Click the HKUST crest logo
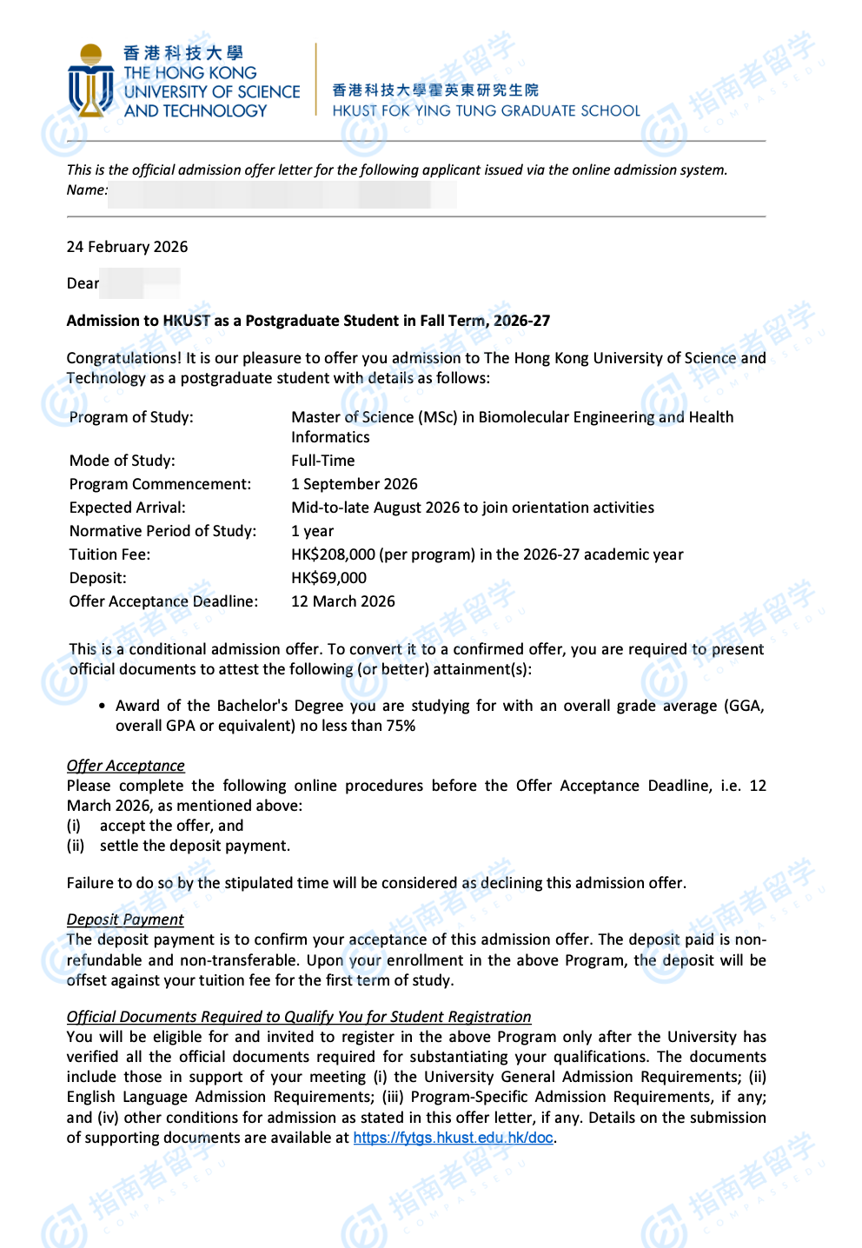(90, 81)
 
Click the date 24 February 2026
(127, 247)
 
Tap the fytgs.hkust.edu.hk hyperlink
(453, 1138)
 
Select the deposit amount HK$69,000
(328, 578)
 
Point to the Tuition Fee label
(109, 554)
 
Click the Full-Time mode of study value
(322, 461)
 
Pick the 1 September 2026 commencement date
(354, 484)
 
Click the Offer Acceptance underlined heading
(125, 766)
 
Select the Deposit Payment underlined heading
(125, 919)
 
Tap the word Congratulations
(123, 358)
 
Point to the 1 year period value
(312, 531)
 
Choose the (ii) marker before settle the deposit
(76, 846)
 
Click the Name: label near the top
(87, 190)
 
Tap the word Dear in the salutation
(83, 283)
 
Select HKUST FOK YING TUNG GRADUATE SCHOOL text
(486, 111)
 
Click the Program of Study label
(131, 417)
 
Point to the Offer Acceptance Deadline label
(163, 601)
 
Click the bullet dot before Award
(103, 707)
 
